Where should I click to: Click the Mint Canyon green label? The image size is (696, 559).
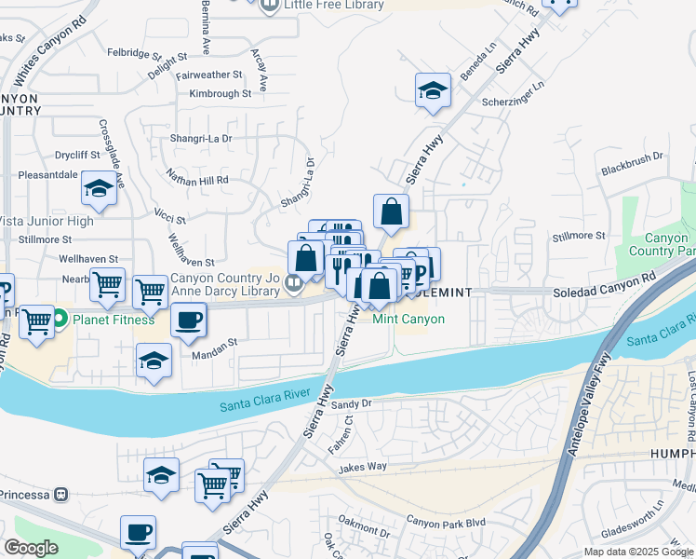[x=408, y=319]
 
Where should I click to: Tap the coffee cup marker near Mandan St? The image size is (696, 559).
[x=188, y=321]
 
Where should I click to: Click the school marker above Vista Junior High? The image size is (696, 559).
[x=98, y=190]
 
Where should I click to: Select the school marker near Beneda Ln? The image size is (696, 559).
[x=433, y=91]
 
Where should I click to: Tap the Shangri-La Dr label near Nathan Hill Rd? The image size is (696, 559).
[x=201, y=139]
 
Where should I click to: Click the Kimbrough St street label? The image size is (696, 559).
[x=221, y=94]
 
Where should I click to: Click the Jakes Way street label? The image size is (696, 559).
[x=363, y=467]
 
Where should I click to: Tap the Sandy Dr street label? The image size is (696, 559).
[x=352, y=404]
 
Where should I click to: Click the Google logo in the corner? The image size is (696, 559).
[x=31, y=548]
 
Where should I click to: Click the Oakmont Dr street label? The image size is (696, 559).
[x=364, y=533]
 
